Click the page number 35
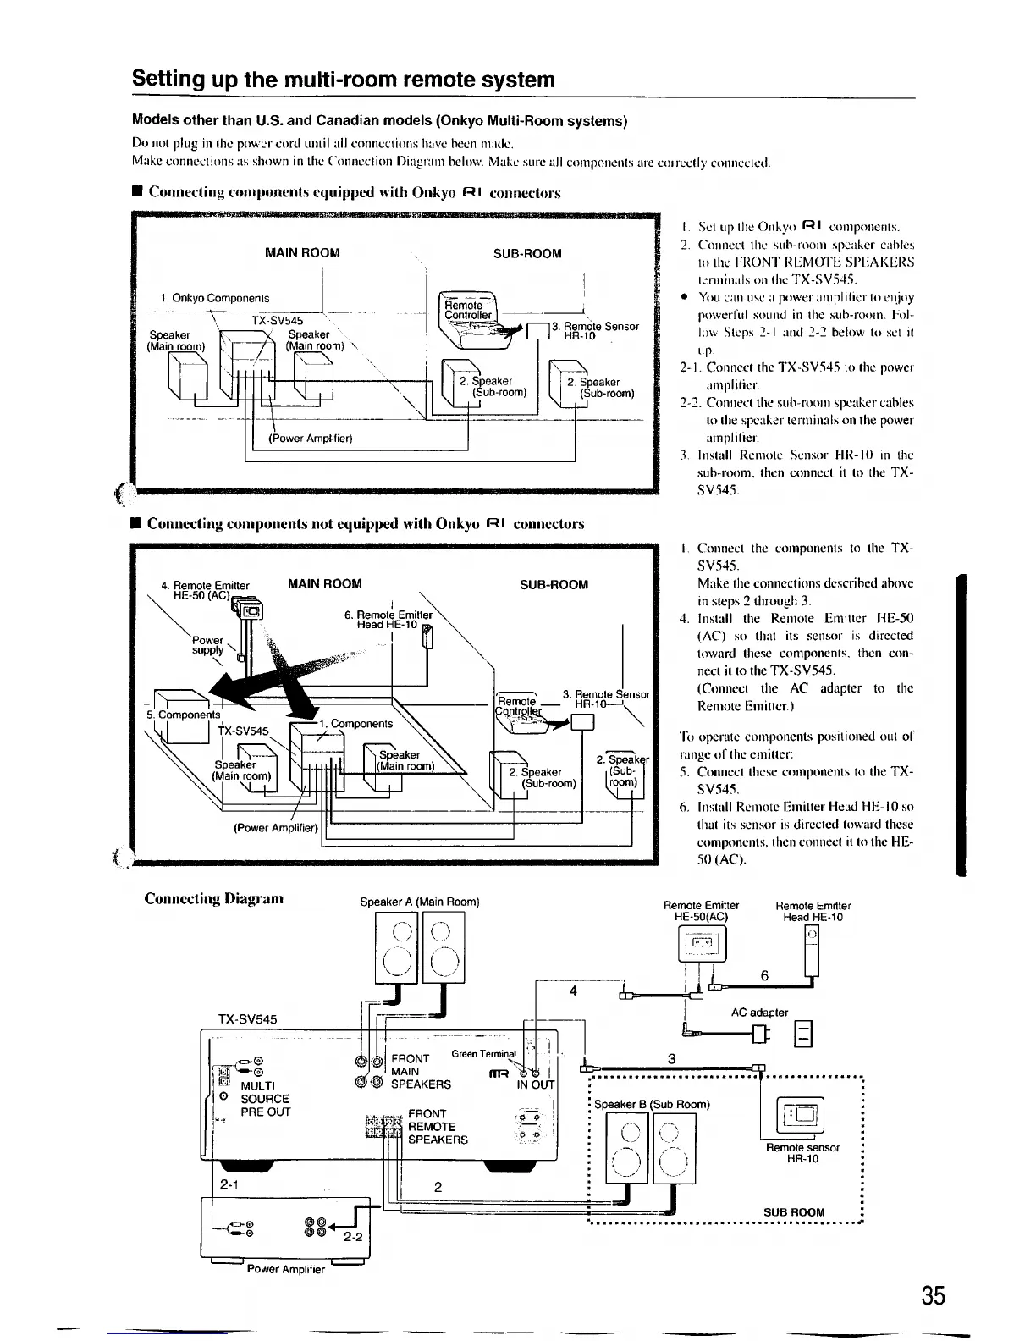(x=934, y=1296)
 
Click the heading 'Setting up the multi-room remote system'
(x=344, y=80)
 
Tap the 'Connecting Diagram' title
(x=214, y=898)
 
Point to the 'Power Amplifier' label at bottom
(x=285, y=1269)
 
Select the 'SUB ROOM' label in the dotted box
(x=794, y=1211)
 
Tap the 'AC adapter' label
(x=759, y=1012)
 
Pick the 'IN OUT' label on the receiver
(x=535, y=1084)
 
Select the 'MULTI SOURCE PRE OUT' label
(x=265, y=1098)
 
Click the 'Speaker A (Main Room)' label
(x=420, y=902)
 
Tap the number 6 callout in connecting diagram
(x=764, y=975)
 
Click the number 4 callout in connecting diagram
(x=572, y=992)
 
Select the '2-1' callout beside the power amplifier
(x=229, y=1184)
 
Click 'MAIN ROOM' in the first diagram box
(x=302, y=252)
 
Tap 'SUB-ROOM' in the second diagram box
(x=554, y=584)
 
